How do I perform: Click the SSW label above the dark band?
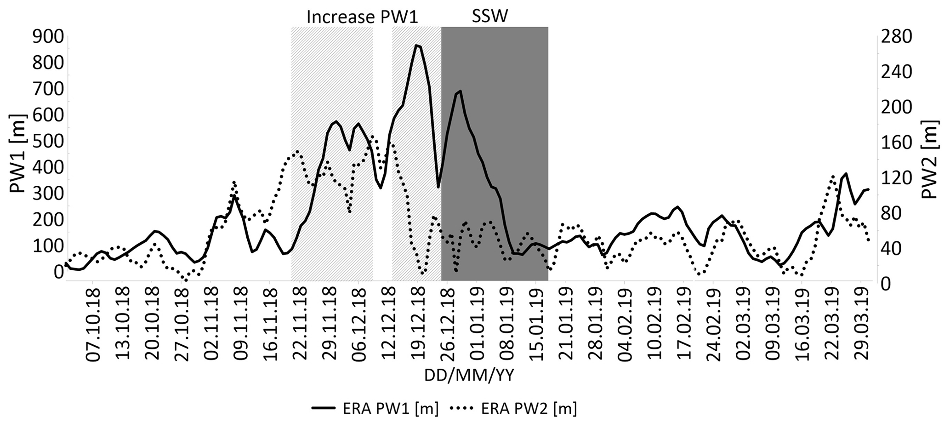point(490,17)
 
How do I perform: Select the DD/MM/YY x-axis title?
point(469,376)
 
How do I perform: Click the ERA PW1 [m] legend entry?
point(375,408)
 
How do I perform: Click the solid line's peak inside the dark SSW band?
point(460,91)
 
